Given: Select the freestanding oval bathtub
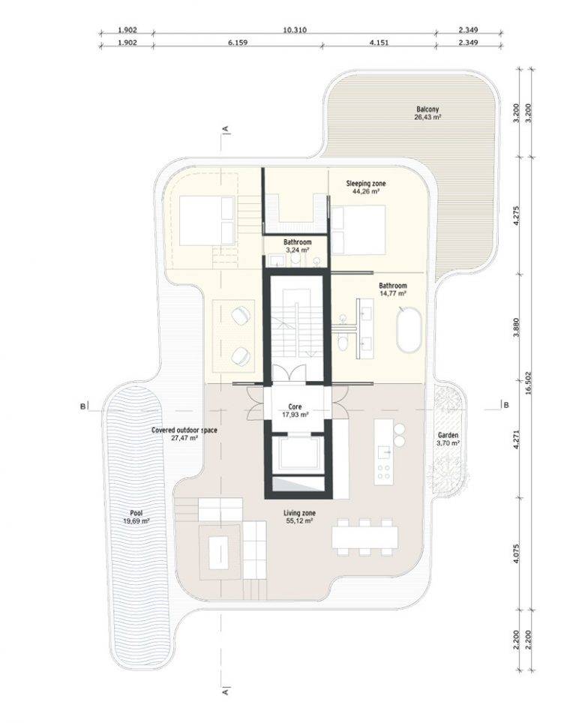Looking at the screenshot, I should pyautogui.click(x=409, y=328).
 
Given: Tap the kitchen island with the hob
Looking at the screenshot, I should pyautogui.click(x=385, y=449).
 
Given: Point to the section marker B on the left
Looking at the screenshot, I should pyautogui.click(x=80, y=406).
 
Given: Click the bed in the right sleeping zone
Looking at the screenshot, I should pyautogui.click(x=359, y=229).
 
